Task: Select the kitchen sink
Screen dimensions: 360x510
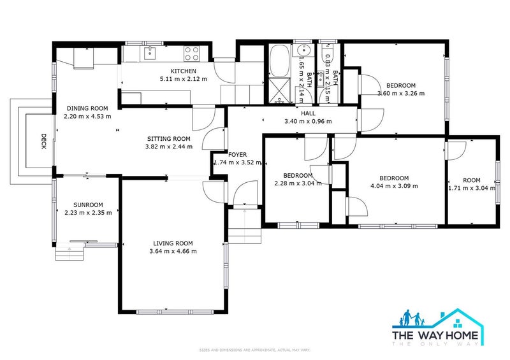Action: (x=151, y=52)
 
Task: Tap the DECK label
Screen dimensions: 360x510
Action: (x=44, y=141)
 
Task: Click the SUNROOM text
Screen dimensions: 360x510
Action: (x=88, y=205)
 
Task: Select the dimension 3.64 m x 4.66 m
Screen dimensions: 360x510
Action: (x=173, y=251)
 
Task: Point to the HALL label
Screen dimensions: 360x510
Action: (x=309, y=113)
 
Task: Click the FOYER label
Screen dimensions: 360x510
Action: (x=238, y=155)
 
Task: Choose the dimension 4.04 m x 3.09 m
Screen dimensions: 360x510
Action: (x=393, y=186)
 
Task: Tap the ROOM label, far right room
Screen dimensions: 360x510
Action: (x=472, y=180)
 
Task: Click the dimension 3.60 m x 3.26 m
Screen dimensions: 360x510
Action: (x=401, y=93)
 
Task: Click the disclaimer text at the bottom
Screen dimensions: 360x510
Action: (x=254, y=350)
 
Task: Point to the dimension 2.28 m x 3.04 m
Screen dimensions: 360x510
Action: (x=298, y=184)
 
